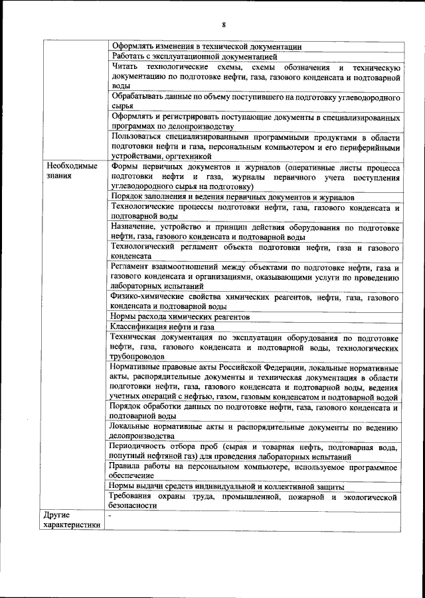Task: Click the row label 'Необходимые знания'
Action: coord(71,171)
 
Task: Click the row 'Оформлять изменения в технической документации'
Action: coord(207,46)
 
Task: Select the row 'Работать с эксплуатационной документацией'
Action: coord(190,56)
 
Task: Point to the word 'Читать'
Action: coord(126,68)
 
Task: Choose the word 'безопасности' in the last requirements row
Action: coord(135,505)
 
